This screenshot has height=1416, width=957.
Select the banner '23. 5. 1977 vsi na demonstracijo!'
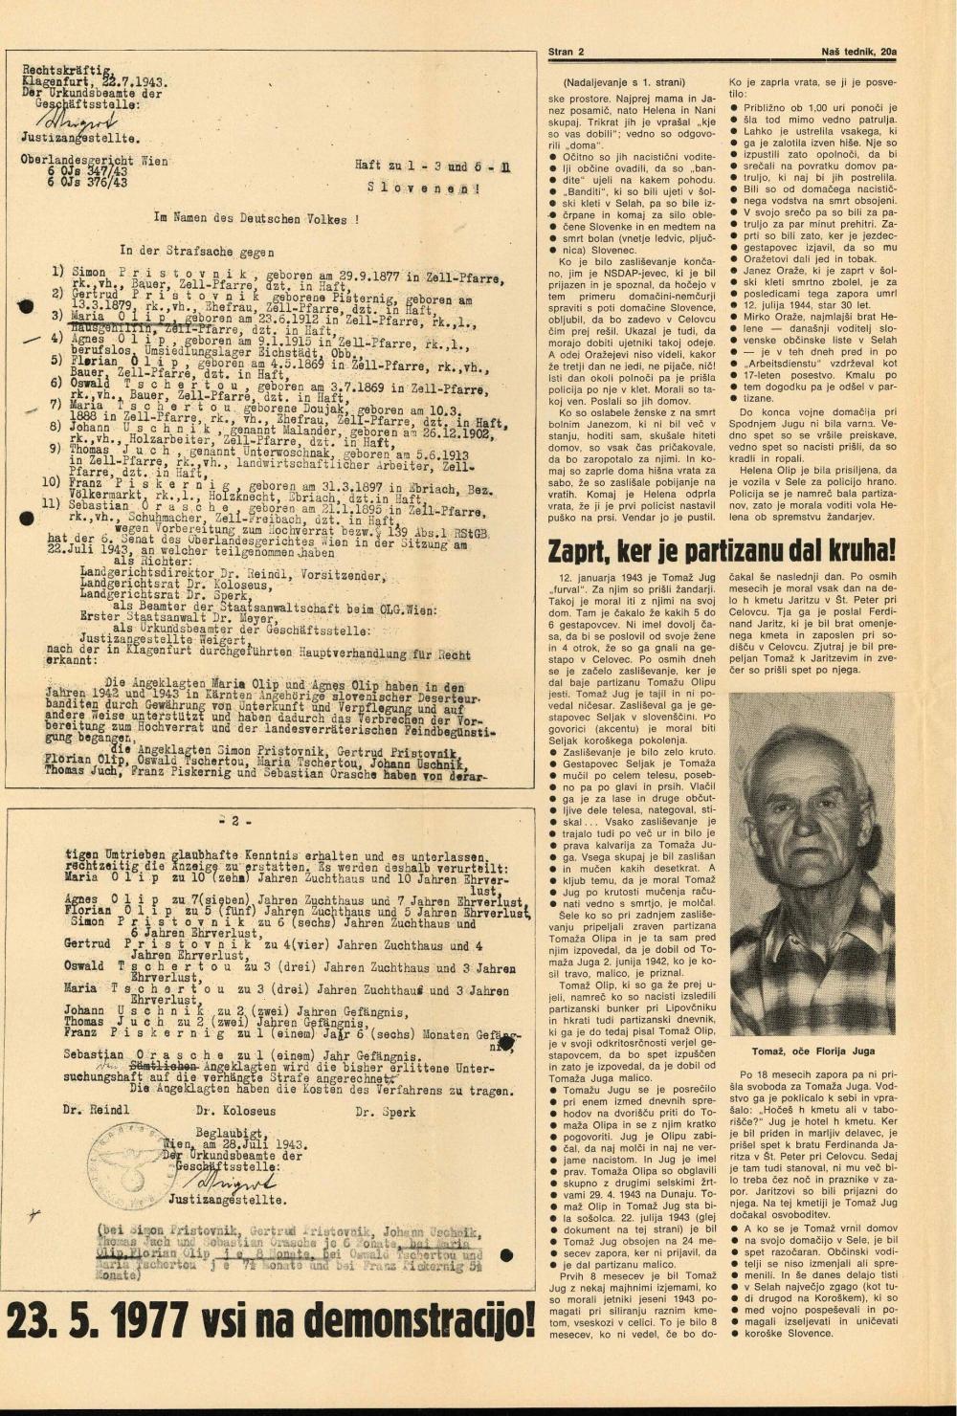(271, 1321)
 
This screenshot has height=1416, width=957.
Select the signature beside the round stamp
(203, 1181)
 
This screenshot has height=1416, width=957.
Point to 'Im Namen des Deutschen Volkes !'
(257, 218)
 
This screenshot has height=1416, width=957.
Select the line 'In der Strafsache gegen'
(197, 252)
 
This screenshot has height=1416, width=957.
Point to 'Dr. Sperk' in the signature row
(385, 1112)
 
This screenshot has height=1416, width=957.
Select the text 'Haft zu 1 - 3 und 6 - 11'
(432, 166)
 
